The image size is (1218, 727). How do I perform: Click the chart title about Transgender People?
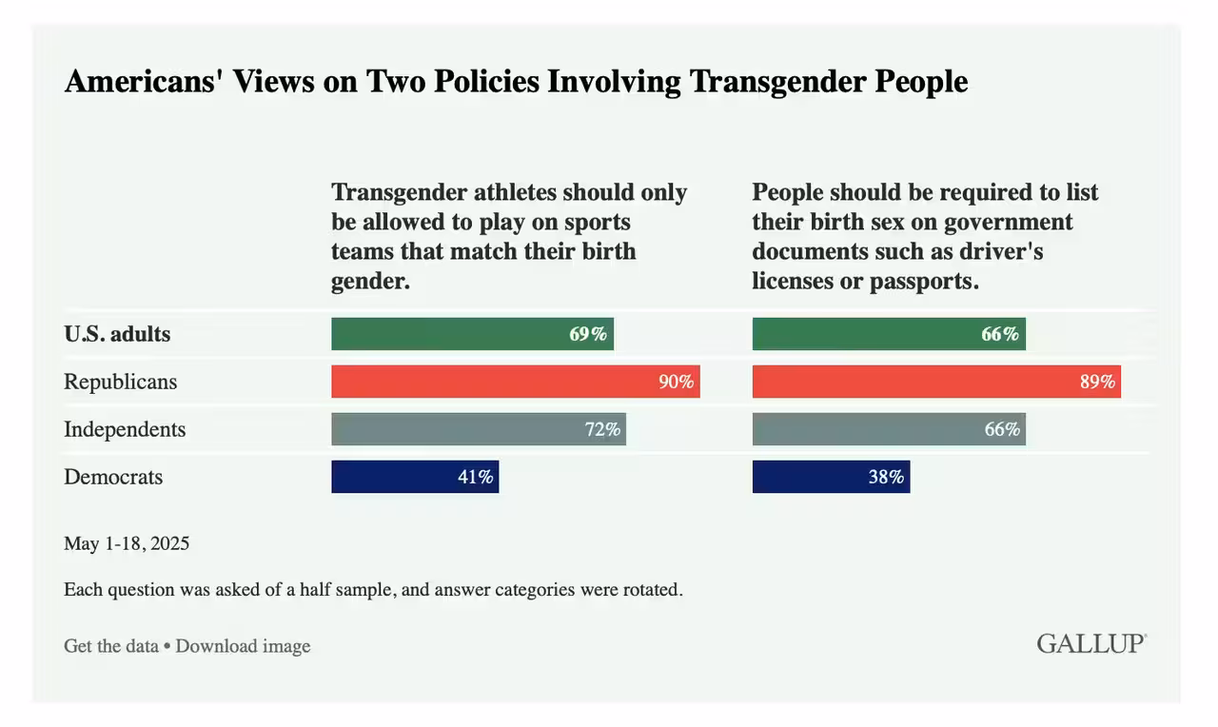tap(516, 82)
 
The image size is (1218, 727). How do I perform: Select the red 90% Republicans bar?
tap(515, 382)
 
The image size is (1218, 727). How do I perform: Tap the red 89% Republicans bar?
tap(936, 382)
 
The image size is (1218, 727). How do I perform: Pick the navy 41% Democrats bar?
tap(415, 477)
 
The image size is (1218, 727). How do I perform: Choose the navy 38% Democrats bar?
tap(831, 477)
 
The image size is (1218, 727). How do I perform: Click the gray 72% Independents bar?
tap(479, 429)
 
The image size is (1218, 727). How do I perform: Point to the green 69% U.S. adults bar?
tap(472, 334)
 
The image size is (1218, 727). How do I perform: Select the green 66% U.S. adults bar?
tap(889, 334)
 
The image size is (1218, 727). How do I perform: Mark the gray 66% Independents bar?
tap(889, 429)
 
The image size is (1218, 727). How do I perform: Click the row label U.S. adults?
tap(117, 334)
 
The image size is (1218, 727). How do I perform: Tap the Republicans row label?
tap(121, 382)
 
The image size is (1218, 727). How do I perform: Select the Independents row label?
tap(125, 429)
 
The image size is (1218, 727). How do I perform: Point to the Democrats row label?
tap(113, 477)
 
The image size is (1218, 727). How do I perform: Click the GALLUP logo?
tap(1091, 644)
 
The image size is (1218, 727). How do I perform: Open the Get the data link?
tap(111, 646)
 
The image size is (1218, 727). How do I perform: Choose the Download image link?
tap(243, 646)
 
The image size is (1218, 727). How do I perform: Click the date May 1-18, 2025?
tap(127, 543)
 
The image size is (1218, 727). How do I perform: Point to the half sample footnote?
tap(373, 589)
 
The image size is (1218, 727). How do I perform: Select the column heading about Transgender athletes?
tap(509, 236)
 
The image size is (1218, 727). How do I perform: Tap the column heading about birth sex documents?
tap(925, 236)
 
